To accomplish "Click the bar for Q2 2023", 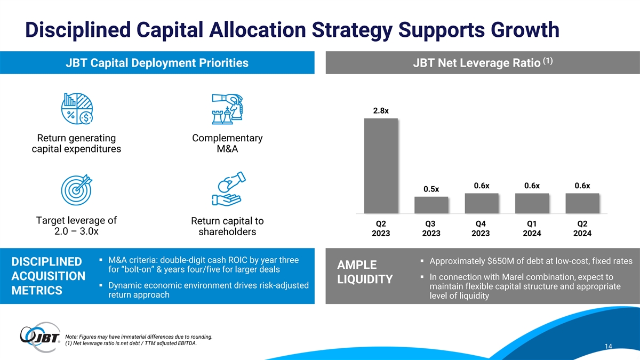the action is click(x=381, y=166).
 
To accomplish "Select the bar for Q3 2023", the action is click(x=431, y=205).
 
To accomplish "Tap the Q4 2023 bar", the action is click(x=482, y=203).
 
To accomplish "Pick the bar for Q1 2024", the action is click(x=532, y=203).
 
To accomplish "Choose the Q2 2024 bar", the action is click(x=582, y=203).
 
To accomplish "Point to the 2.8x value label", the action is click(x=381, y=110).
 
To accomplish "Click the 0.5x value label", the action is click(x=431, y=189).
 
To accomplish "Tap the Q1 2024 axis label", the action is click(x=532, y=228).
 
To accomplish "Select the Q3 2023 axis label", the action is click(x=431, y=228).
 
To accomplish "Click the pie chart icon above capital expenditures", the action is click(x=77, y=109).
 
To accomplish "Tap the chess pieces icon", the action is click(x=227, y=109).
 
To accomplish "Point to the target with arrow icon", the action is click(x=77, y=190).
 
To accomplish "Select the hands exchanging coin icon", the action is click(x=229, y=189).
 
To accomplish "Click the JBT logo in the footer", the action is click(x=40, y=337).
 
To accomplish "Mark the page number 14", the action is click(x=609, y=346).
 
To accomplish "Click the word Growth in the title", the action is click(x=525, y=30).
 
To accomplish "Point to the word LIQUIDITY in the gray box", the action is click(x=365, y=279).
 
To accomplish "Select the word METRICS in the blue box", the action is click(x=37, y=290).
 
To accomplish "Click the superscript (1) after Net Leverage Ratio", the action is click(x=548, y=61).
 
